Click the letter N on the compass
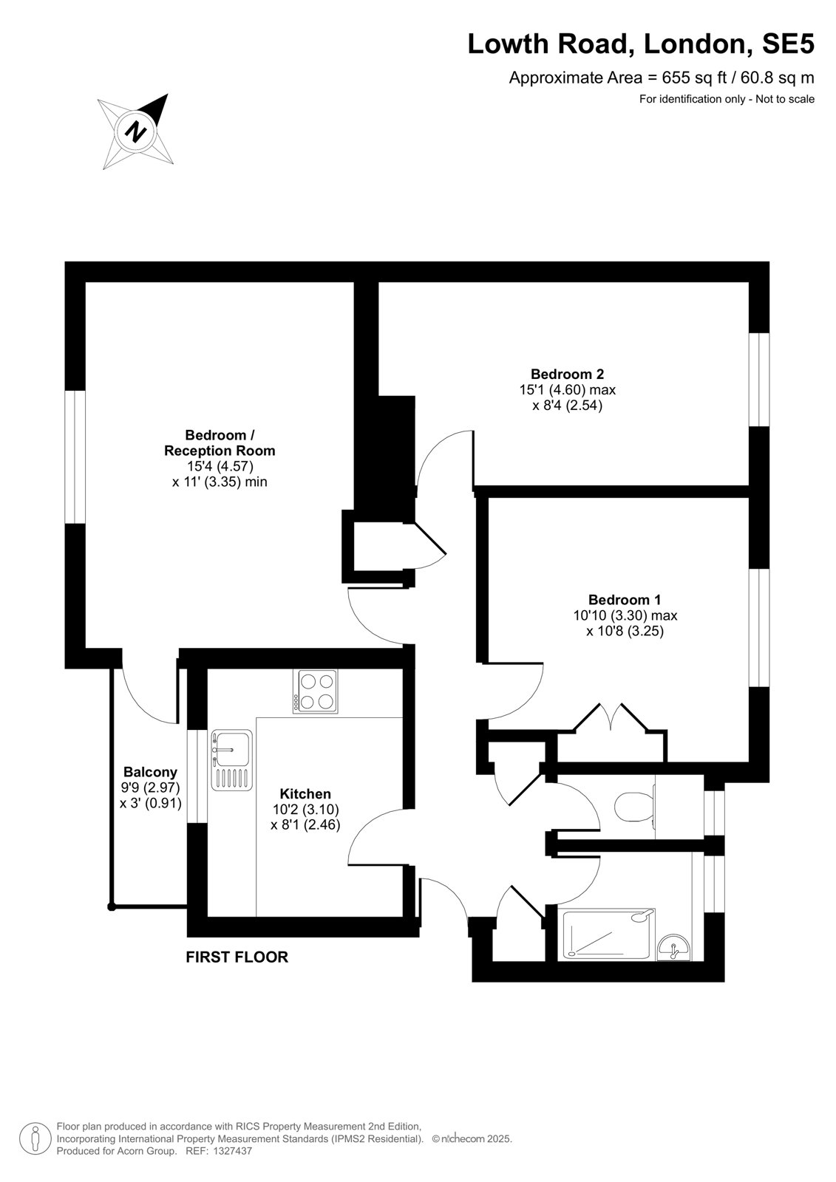coord(137,130)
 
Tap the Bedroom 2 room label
coord(567,374)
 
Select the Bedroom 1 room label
coord(624,600)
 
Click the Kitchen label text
coord(305,793)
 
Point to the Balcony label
coord(150,772)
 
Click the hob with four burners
coord(316,691)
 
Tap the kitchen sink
coord(232,760)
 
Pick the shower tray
coord(609,934)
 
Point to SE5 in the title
coord(787,44)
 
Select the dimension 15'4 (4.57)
coord(220,466)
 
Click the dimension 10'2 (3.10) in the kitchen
coord(305,809)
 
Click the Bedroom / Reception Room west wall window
coord(75,457)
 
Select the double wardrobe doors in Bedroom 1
coord(611,717)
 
